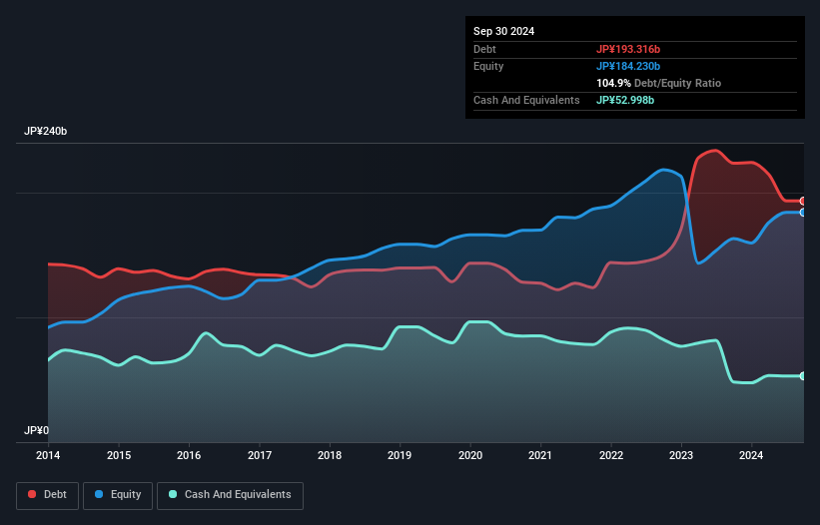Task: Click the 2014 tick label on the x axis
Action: [x=48, y=456]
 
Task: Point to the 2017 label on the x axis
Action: [x=259, y=456]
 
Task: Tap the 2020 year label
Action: [x=470, y=456]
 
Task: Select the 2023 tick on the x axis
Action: [x=681, y=456]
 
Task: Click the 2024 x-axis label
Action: [x=752, y=456]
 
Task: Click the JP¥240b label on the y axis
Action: [x=46, y=132]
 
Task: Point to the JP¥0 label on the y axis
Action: [x=37, y=431]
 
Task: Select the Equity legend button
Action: [x=118, y=495]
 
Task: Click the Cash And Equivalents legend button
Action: [x=230, y=495]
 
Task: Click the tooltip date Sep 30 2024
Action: [x=503, y=31]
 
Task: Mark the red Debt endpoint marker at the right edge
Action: [x=803, y=201]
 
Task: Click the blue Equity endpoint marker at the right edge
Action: [x=803, y=212]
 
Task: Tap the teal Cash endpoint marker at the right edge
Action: [x=803, y=376]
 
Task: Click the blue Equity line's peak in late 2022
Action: [x=663, y=169]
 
